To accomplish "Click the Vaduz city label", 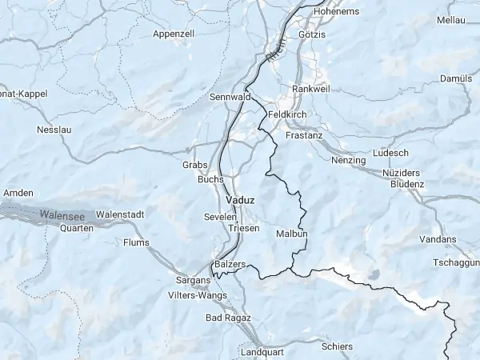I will (240, 199).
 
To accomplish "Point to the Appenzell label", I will (174, 34).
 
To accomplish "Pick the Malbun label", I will (291, 234).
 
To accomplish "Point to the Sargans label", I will (192, 281).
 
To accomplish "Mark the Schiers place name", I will (336, 346).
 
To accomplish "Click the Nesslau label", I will (54, 129).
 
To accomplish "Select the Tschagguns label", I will (455, 262).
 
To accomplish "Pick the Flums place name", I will (136, 242).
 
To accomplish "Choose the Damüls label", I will (457, 78).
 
